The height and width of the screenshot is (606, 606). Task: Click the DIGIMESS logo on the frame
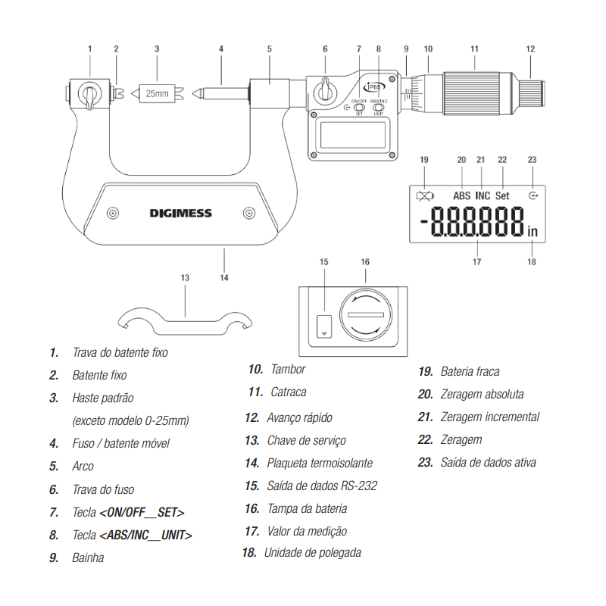180,213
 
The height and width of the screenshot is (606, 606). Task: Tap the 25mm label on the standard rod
157,93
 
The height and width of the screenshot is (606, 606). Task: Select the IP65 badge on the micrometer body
374,87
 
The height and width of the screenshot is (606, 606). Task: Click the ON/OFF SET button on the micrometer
359,107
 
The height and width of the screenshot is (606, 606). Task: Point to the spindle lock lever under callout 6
325,91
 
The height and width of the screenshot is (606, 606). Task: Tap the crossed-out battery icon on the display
425,196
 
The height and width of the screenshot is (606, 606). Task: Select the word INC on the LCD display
483,195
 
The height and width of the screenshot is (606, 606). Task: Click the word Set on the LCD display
502,195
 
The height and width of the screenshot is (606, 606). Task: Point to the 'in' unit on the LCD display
533,231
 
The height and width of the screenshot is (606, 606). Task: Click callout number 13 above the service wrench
185,278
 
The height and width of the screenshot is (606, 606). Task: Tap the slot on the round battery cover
366,314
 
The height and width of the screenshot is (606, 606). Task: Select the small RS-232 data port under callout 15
324,326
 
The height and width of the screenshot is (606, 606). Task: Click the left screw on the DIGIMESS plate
112,213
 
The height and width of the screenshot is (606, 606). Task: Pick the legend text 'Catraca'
289,392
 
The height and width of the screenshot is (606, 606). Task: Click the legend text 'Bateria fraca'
470,371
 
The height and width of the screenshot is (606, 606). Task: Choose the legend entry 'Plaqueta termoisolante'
320,463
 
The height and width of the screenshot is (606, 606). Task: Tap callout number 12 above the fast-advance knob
530,49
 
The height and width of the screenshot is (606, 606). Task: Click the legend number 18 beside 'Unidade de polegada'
249,553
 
